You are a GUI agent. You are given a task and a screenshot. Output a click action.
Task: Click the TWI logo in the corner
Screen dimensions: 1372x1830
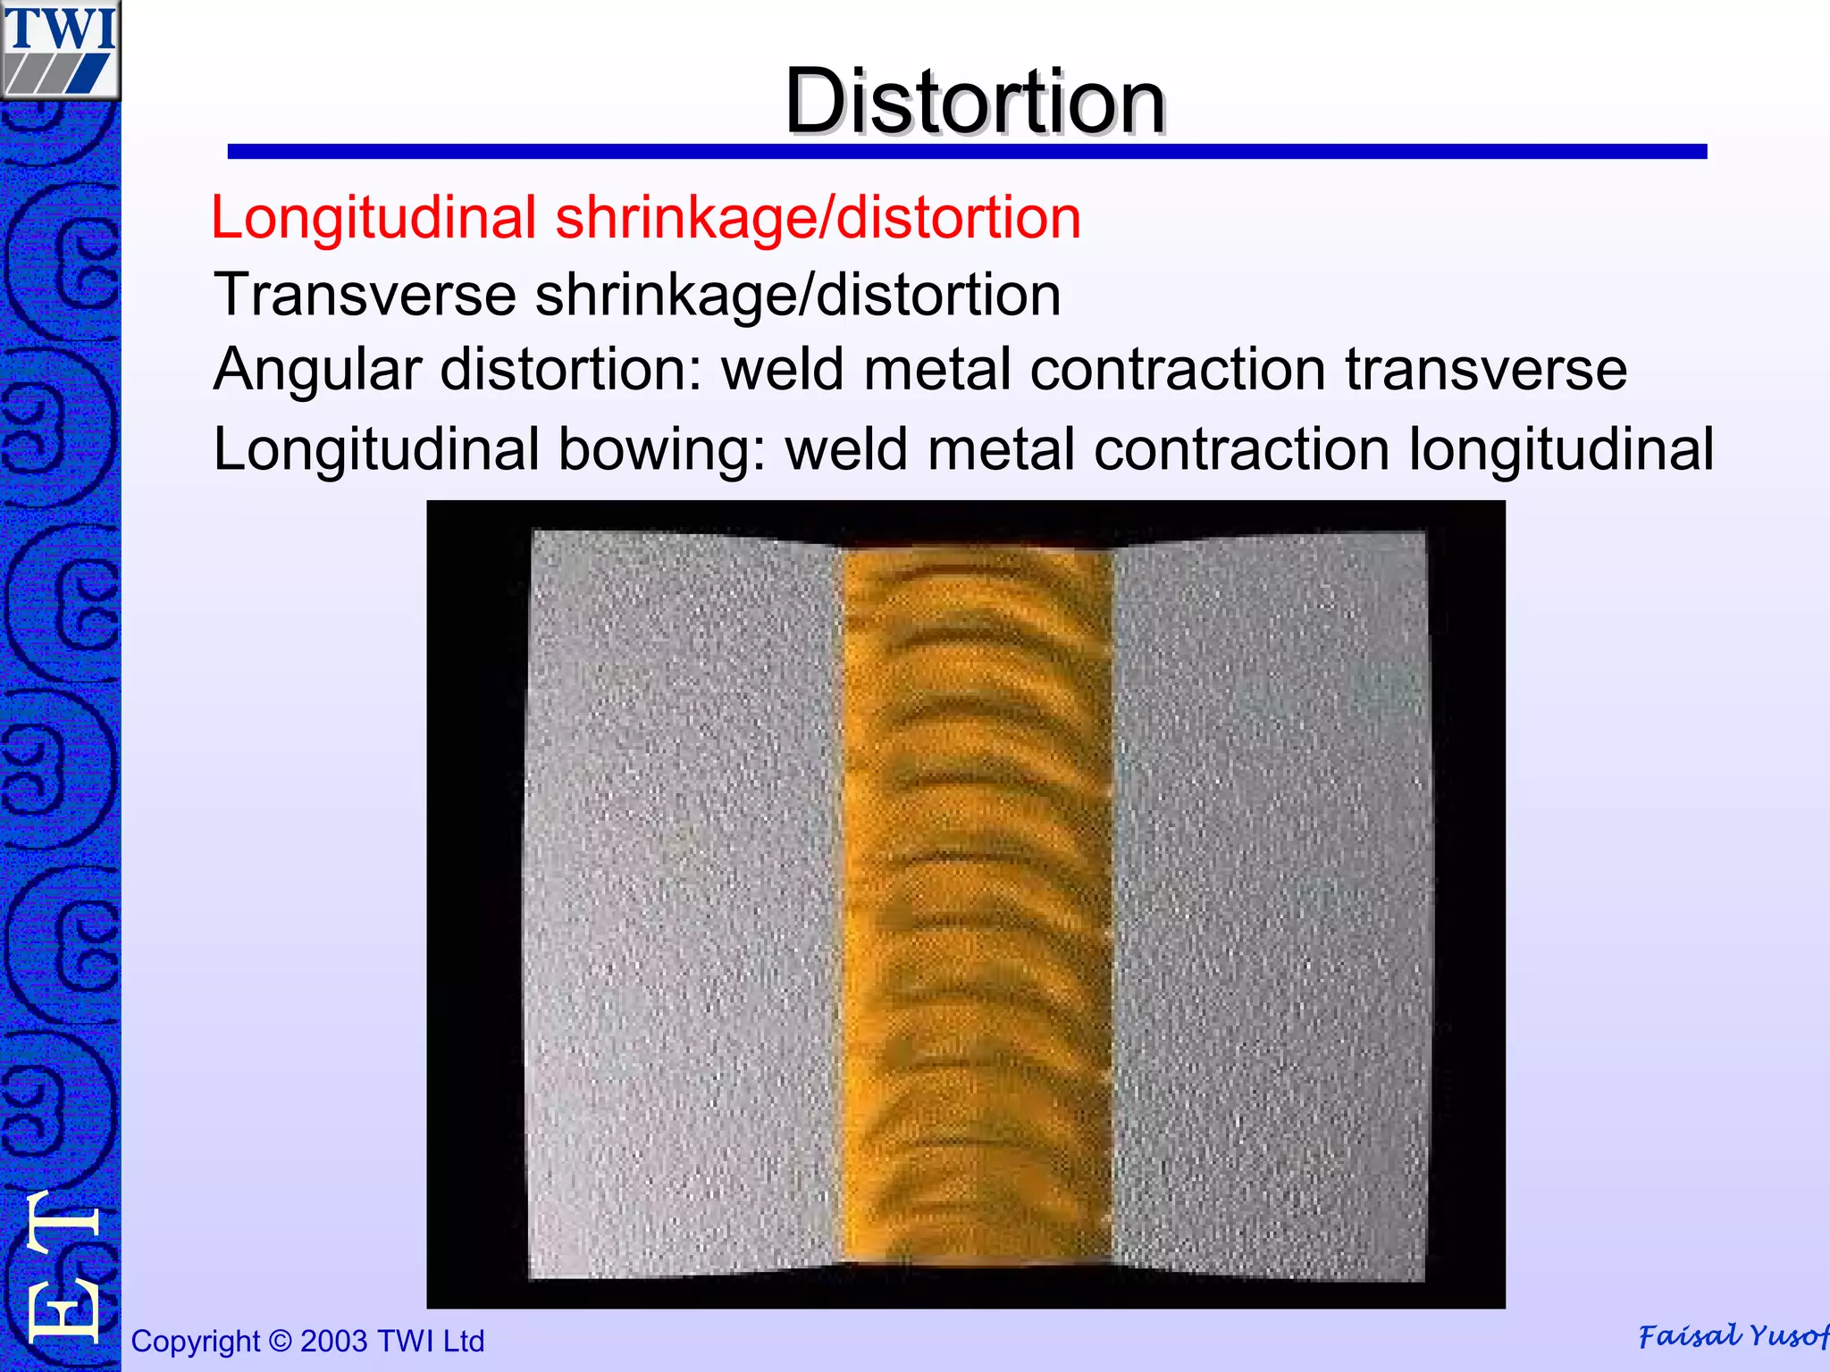[x=60, y=49]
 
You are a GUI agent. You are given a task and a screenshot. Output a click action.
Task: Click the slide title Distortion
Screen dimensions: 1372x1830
[x=974, y=102]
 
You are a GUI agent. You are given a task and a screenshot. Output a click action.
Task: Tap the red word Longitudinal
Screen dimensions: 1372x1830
[x=374, y=218]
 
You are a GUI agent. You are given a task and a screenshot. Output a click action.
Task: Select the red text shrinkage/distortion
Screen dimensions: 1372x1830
[x=818, y=218]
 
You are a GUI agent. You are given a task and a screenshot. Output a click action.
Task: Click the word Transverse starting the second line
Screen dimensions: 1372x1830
[x=365, y=295]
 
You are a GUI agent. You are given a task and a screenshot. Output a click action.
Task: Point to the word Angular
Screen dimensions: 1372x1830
[x=317, y=370]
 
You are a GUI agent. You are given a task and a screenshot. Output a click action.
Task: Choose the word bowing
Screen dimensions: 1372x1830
[x=662, y=448]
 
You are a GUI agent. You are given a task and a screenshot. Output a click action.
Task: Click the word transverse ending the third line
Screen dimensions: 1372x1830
[x=1486, y=370]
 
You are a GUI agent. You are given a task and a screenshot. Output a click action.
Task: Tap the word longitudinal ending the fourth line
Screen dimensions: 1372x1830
[x=1561, y=448]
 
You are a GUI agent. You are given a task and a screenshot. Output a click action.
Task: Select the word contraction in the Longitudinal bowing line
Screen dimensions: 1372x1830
[x=1241, y=448]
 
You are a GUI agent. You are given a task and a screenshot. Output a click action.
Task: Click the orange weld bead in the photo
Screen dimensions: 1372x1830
[x=978, y=902]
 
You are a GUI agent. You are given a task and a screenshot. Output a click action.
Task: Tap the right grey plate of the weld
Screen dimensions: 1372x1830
[x=1269, y=902]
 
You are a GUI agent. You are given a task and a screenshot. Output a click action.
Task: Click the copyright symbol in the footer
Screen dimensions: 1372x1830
[x=281, y=1342]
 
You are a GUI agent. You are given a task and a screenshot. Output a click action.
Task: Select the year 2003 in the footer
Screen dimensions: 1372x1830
[x=334, y=1342]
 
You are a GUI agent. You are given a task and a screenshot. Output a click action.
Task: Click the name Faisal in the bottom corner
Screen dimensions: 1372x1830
[x=1689, y=1336]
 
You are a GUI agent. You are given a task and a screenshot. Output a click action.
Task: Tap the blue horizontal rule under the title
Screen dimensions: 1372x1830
[x=967, y=152]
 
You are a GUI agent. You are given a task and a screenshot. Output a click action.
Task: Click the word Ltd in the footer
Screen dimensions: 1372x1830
[x=463, y=1342]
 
